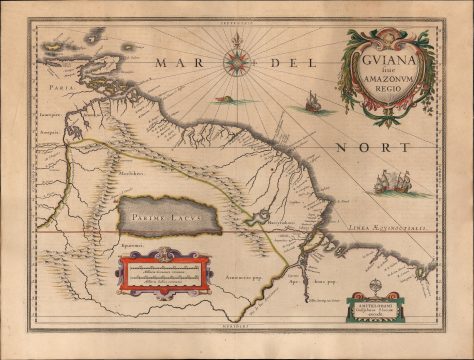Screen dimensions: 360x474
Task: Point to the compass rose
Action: pos(237,60)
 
